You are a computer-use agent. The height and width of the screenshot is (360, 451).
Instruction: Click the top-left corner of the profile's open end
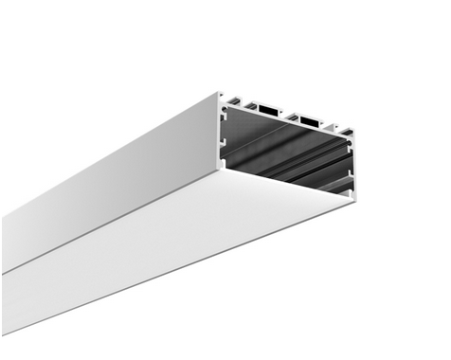[219, 93]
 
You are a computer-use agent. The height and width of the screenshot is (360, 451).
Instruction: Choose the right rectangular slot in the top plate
[308, 121]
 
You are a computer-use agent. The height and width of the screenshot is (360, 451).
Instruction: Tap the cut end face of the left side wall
[221, 133]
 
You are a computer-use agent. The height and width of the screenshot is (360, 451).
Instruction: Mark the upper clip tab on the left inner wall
[226, 119]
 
